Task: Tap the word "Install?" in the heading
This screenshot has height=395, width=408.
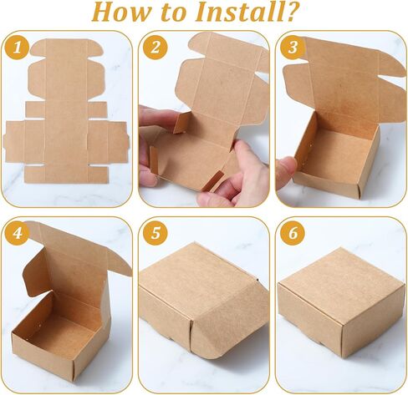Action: tap(246, 12)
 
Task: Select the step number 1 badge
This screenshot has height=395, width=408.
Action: tap(18, 48)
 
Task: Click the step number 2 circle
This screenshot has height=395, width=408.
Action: tap(156, 48)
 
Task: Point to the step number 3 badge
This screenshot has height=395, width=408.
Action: tap(293, 48)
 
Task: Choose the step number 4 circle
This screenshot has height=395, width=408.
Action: tap(18, 233)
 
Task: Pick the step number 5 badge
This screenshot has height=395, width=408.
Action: tap(156, 233)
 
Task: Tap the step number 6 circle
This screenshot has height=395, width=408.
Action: tap(293, 233)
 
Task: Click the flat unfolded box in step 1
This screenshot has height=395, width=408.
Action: tap(66, 111)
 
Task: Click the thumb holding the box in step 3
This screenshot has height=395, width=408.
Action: tap(286, 173)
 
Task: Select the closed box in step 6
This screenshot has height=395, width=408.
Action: tap(341, 302)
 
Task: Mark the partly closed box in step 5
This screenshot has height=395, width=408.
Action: tap(202, 301)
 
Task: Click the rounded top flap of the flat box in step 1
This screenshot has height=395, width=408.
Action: tap(66, 48)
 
